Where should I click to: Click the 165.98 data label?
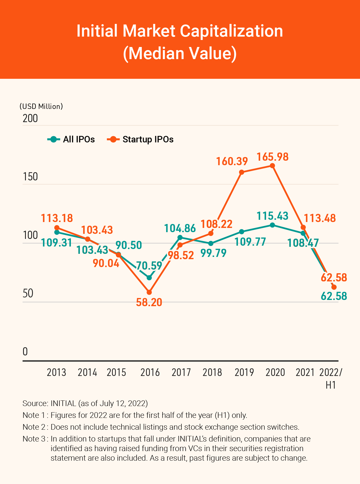coord(273,157)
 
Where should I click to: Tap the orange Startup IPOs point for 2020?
coord(272,165)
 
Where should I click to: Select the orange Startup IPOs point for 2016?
coord(149,292)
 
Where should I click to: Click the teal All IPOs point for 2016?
coord(149,278)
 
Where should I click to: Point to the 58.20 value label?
coord(149,302)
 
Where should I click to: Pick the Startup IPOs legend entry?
coord(140,139)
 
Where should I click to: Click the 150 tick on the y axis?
coord(30,177)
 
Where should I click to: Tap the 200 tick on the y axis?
coord(30,118)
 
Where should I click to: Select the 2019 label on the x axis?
coord(244,372)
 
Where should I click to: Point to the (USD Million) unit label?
coord(41,106)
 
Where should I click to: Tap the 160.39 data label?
coord(232,162)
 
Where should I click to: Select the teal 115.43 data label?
coord(273,216)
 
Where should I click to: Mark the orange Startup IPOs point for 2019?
coord(241,172)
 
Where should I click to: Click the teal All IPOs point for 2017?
coord(180,237)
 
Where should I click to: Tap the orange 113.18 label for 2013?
coord(57,218)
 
